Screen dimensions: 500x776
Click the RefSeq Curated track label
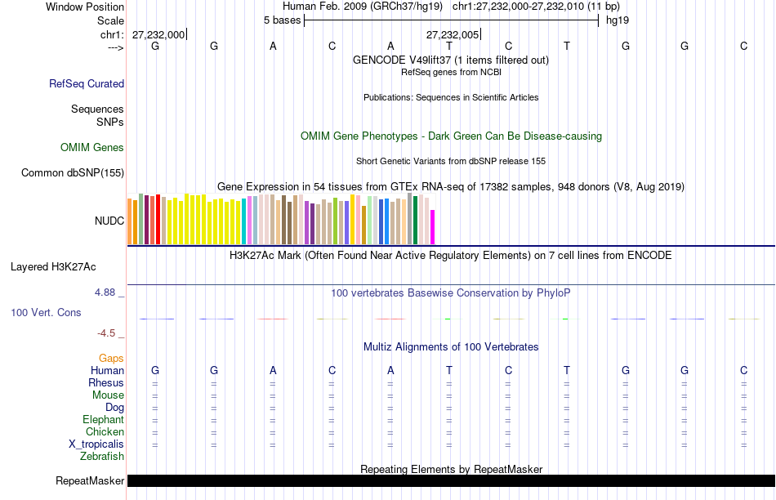87,83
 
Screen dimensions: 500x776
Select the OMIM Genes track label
92,148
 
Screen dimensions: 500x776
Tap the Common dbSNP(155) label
73,172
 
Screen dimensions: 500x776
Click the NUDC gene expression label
109,221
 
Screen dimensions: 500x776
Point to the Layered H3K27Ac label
53,266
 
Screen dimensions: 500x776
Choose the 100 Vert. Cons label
46,312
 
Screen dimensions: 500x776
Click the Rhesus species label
106,383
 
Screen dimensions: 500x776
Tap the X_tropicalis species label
96,444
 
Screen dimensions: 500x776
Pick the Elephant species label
103,420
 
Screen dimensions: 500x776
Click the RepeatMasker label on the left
90,481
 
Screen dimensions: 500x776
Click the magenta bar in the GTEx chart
433,227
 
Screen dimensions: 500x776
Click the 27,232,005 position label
453,34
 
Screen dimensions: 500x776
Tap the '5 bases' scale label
282,20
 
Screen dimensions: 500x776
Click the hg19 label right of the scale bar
617,20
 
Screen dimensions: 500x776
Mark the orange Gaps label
111,359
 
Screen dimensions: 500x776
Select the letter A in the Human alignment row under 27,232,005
390,371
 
